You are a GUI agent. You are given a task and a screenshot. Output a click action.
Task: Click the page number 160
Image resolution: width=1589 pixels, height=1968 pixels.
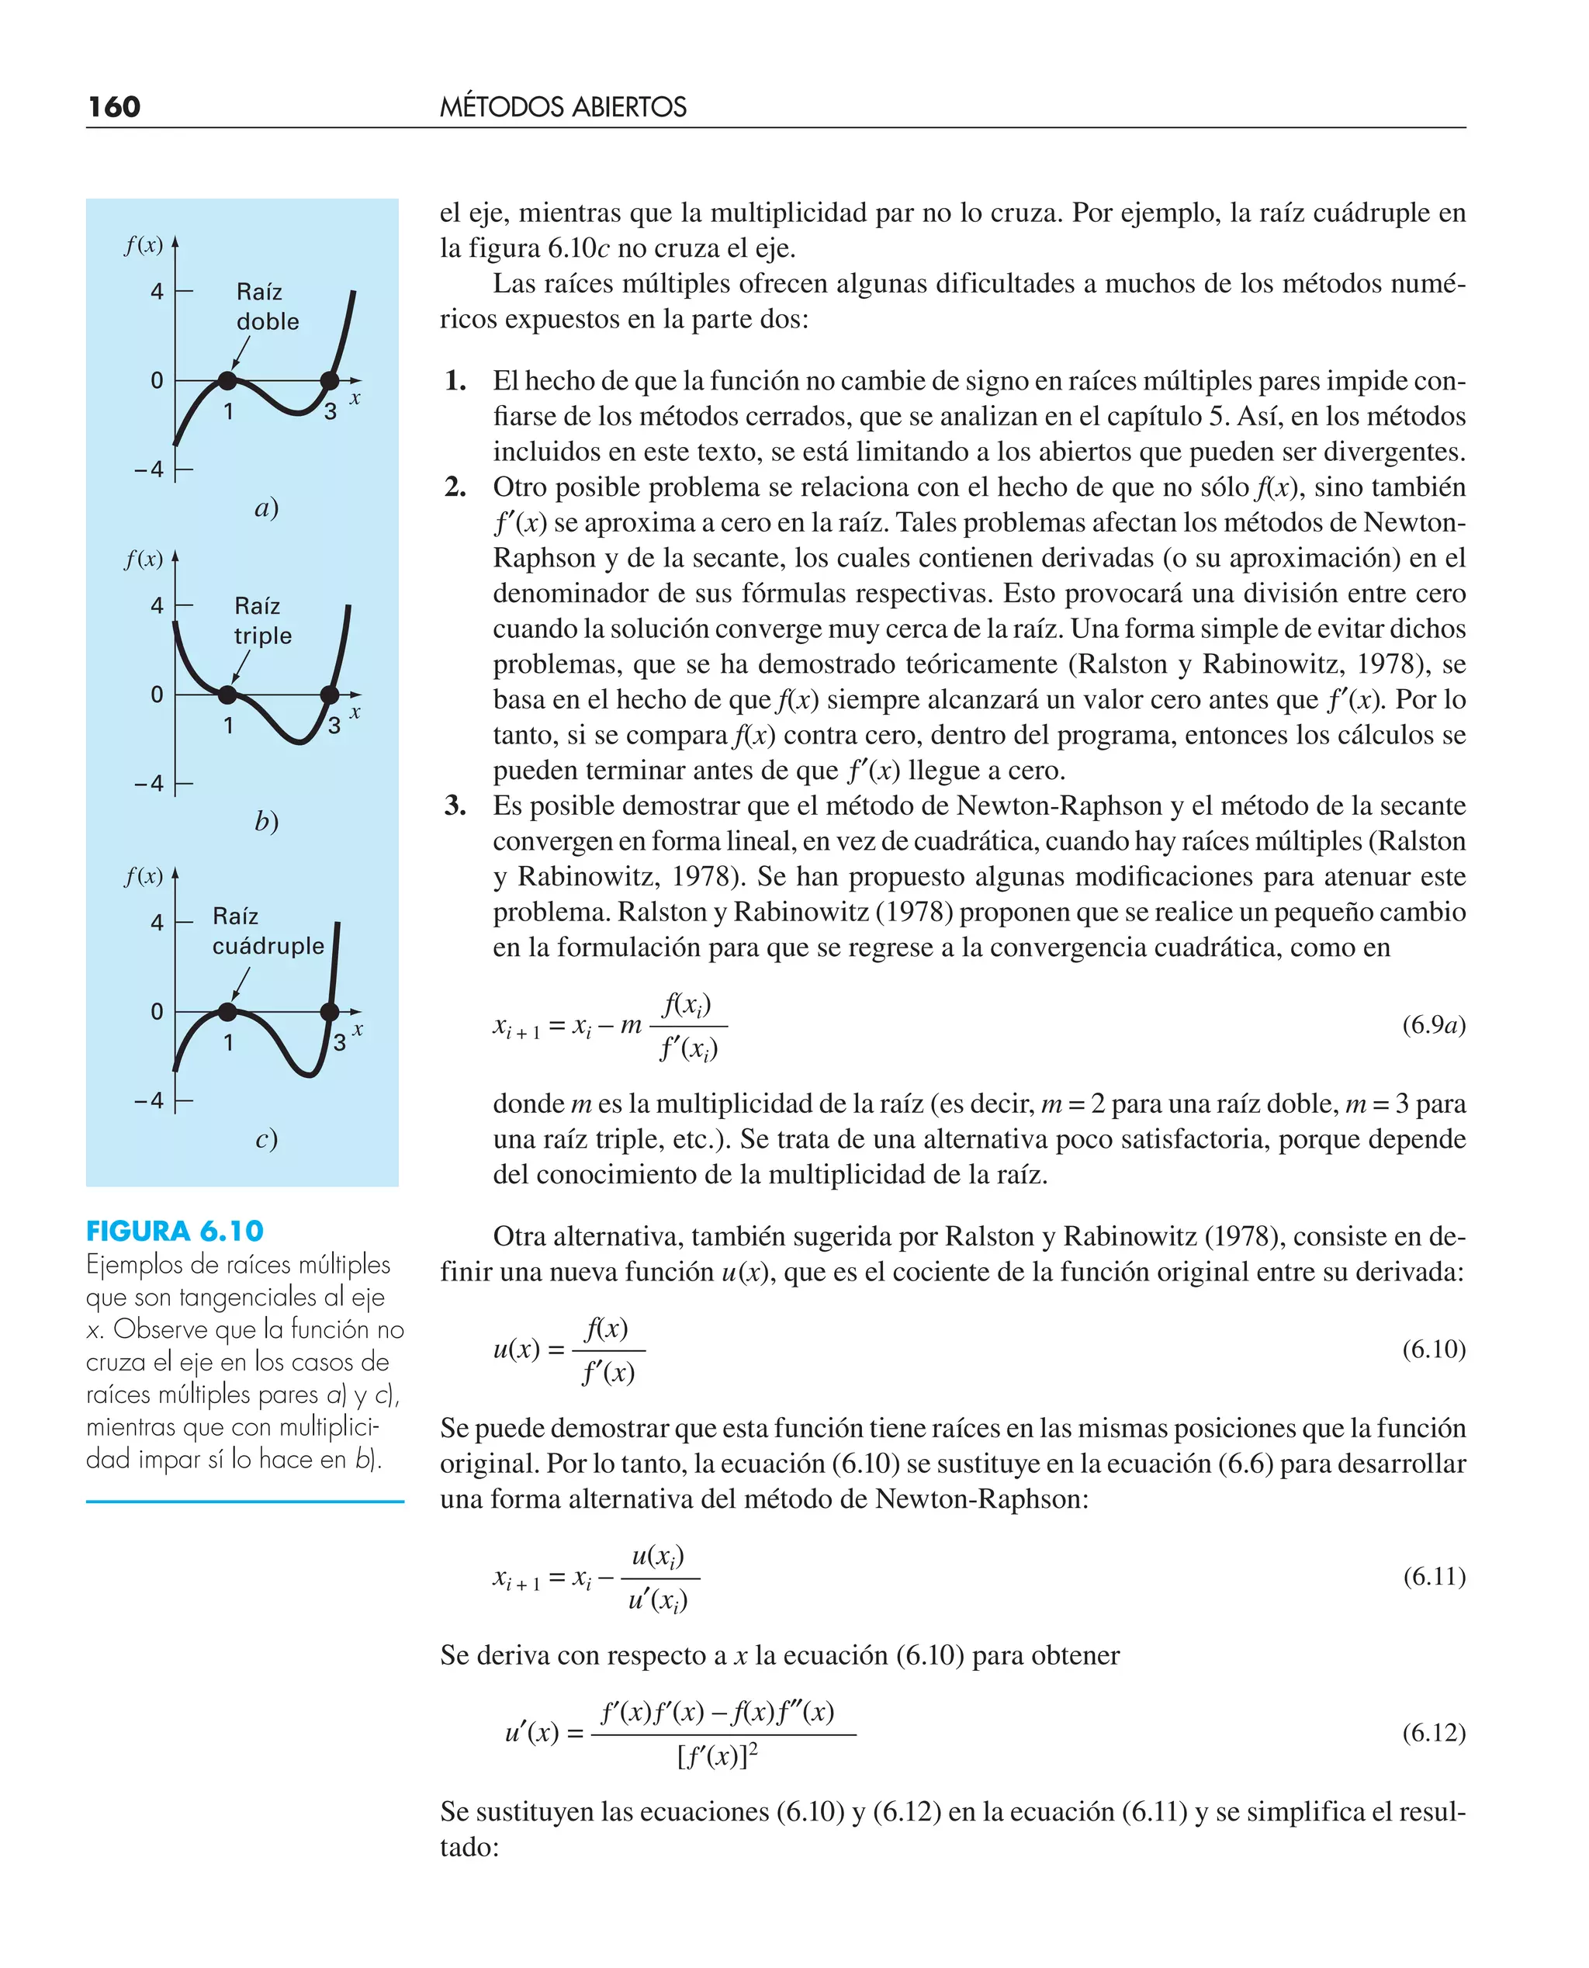pyautogui.click(x=114, y=107)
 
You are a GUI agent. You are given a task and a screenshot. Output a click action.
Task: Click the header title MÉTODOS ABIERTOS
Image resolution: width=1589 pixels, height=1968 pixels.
pyautogui.click(x=563, y=107)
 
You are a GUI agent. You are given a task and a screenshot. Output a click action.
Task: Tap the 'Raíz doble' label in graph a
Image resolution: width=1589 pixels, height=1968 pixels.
pyautogui.click(x=266, y=307)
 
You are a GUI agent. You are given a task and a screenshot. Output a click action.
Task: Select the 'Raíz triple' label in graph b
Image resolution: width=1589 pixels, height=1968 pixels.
pyautogui.click(x=263, y=621)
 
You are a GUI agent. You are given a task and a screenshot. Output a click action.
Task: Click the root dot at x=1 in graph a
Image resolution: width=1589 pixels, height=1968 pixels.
pyautogui.click(x=227, y=381)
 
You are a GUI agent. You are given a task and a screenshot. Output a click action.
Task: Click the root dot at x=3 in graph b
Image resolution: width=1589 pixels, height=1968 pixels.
pyautogui.click(x=330, y=695)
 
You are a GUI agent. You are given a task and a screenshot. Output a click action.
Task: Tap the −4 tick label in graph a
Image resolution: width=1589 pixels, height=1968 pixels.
pyautogui.click(x=149, y=470)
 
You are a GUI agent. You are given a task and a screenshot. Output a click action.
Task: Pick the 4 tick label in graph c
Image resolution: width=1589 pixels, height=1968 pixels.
pyautogui.click(x=157, y=923)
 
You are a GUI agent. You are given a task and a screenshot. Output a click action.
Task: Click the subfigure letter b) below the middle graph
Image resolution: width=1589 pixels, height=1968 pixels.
pyautogui.click(x=265, y=821)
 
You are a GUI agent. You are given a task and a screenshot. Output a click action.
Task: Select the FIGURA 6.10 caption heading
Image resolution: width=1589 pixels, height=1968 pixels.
pyautogui.click(x=175, y=1231)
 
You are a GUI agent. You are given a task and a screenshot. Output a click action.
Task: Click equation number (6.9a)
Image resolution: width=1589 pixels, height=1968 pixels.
pyautogui.click(x=1433, y=1024)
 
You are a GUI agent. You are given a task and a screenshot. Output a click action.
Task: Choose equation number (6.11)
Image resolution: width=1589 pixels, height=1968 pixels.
pyautogui.click(x=1433, y=1576)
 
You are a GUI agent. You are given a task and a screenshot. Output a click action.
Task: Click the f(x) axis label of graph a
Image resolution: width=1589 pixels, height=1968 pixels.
pyautogui.click(x=144, y=245)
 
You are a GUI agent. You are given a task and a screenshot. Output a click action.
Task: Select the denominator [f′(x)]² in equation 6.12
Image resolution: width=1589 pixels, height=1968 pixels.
pyautogui.click(x=718, y=1755)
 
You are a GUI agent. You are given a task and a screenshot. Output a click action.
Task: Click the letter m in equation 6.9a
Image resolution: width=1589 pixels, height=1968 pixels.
pyautogui.click(x=631, y=1025)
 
